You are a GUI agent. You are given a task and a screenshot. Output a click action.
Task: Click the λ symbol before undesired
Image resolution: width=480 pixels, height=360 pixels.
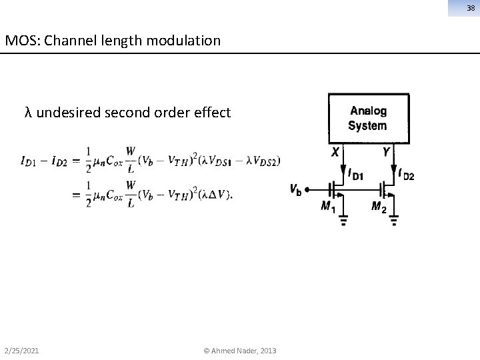tap(27, 112)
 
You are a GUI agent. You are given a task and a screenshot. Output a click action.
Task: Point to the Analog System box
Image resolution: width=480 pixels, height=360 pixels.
tap(367, 118)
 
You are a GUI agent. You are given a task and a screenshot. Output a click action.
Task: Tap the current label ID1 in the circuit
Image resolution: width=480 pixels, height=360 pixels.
tap(355, 175)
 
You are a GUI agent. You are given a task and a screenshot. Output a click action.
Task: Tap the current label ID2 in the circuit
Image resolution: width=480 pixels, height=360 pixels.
tap(406, 175)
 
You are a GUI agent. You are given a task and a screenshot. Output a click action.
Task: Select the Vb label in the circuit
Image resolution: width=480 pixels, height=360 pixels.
tap(295, 189)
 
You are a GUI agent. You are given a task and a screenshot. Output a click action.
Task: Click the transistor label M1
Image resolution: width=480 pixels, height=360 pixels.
tap(328, 207)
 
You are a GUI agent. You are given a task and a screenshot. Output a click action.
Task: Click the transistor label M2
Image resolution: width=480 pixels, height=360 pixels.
tap(379, 207)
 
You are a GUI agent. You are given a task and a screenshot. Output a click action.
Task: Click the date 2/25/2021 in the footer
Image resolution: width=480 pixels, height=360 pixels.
tap(21, 351)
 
